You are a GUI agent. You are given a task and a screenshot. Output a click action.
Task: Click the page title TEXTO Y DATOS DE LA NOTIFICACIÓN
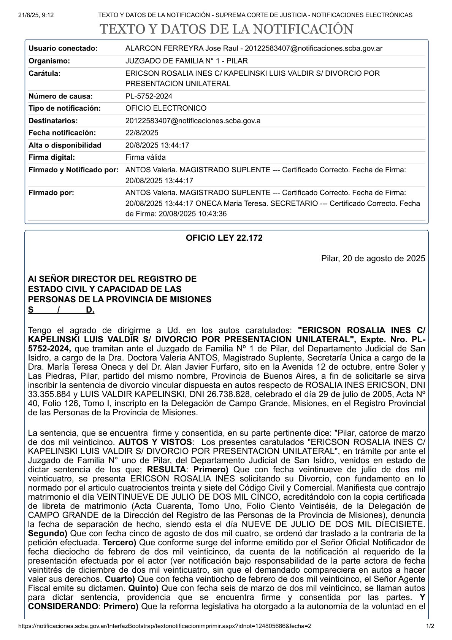[x=226, y=30]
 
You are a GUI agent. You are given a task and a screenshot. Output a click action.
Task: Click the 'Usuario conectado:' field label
[x=63, y=48]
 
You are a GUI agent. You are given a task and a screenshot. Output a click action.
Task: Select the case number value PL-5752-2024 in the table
[x=149, y=96]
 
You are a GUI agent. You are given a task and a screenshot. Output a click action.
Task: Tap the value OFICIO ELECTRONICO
[x=166, y=108]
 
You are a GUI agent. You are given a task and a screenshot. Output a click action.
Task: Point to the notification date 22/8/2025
[x=142, y=133]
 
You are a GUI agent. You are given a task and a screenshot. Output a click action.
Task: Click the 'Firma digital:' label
[x=52, y=157]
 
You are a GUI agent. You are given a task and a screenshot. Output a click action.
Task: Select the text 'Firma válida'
[x=145, y=157]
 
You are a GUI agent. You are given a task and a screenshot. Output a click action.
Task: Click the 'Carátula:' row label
[x=44, y=73]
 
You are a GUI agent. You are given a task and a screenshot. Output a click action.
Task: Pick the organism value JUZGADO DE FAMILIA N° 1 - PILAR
[x=186, y=61]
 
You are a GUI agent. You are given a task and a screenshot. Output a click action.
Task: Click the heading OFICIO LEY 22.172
[x=224, y=238]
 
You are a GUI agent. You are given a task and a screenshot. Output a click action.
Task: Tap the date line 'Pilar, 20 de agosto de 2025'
[x=373, y=259]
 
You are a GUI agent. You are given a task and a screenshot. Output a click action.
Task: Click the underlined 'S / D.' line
[x=61, y=310]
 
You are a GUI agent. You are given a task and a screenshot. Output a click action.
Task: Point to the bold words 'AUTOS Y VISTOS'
[x=155, y=442]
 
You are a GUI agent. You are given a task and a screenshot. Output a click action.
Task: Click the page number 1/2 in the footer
[x=430, y=626]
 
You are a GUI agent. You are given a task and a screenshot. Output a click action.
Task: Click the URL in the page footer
[x=164, y=626]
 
